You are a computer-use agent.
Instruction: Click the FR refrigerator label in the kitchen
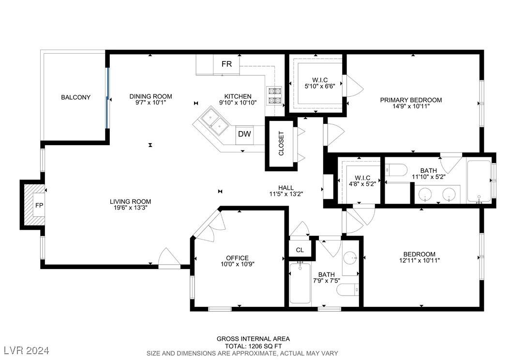(227, 64)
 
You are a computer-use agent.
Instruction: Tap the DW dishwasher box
(244, 134)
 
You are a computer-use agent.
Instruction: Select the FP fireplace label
(39, 205)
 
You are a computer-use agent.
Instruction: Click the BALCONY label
(76, 97)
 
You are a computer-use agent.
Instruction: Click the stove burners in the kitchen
(274, 96)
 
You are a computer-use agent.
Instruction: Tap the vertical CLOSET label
(281, 143)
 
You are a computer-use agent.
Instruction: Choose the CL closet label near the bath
(300, 250)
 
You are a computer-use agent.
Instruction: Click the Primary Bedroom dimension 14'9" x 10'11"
(411, 106)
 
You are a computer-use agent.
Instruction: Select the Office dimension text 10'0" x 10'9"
(238, 264)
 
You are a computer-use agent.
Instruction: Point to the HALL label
(286, 188)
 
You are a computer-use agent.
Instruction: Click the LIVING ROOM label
(131, 202)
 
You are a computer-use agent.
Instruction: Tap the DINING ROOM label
(150, 96)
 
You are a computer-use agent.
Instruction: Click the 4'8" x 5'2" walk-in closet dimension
(362, 184)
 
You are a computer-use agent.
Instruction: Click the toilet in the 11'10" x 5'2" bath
(396, 170)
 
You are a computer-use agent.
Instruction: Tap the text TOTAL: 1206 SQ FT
(254, 346)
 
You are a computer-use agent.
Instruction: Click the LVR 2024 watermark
(27, 351)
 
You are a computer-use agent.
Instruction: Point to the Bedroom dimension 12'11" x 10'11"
(420, 260)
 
